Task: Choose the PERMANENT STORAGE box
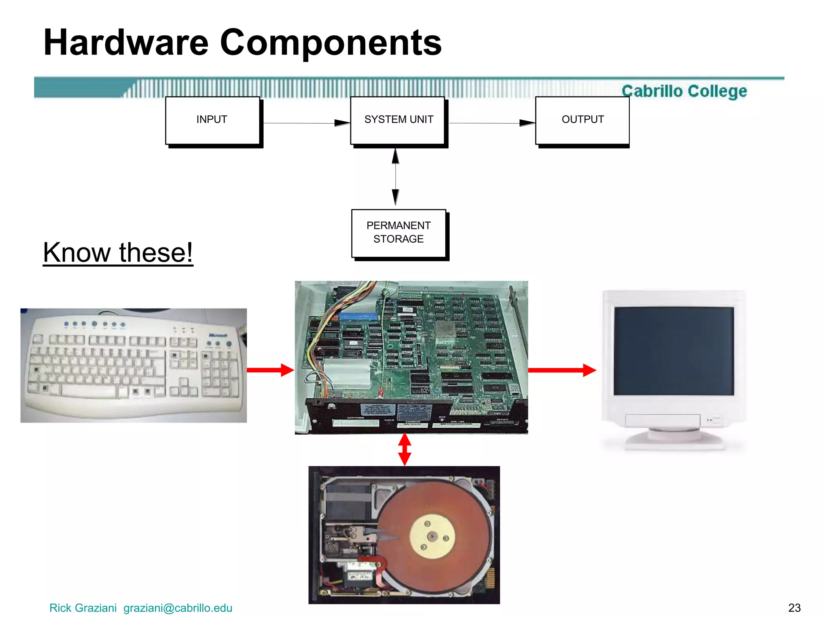399,233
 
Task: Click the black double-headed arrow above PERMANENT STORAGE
396,177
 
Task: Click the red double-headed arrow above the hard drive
405,449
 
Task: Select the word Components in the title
331,43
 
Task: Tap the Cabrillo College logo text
684,91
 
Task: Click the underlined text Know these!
118,253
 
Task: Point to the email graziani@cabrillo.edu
178,608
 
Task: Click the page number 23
794,608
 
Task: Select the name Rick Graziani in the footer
83,608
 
